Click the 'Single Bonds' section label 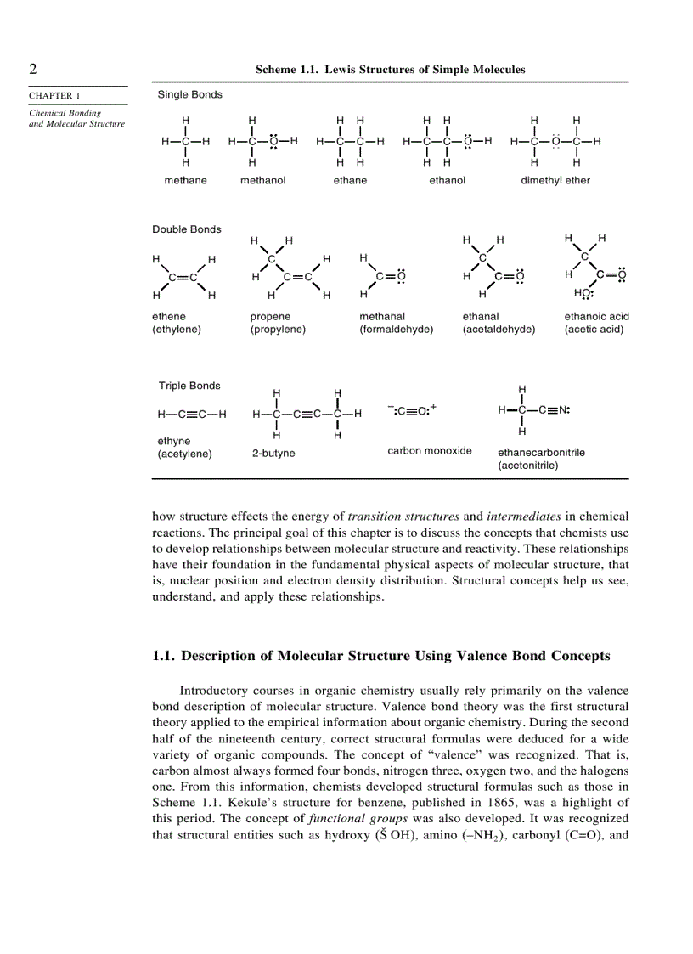[189, 94]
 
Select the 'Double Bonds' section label [186, 229]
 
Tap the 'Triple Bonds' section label [189, 386]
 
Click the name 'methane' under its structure [185, 180]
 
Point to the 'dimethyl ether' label [555, 180]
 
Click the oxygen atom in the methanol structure [273, 142]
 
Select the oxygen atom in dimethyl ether [555, 142]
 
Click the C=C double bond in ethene [183, 277]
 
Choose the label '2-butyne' [273, 453]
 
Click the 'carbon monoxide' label [430, 450]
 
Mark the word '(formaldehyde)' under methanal [396, 330]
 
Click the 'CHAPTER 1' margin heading [55, 95]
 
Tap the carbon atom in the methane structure [185, 142]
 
